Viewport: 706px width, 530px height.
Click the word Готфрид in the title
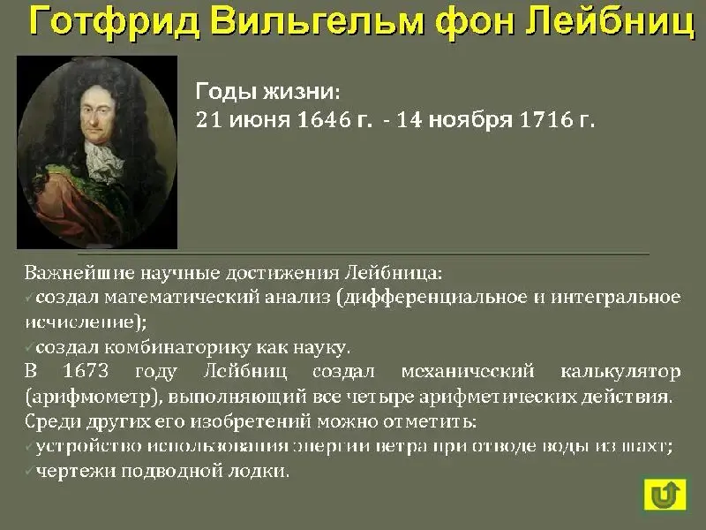click(x=115, y=23)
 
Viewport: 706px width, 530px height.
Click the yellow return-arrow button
click(x=665, y=495)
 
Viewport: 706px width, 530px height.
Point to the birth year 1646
click(x=324, y=119)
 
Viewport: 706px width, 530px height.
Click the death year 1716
click(x=546, y=119)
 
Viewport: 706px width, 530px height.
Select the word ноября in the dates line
click(x=470, y=120)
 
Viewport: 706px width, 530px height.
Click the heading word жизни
click(x=302, y=92)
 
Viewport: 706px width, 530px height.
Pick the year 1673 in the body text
click(x=86, y=371)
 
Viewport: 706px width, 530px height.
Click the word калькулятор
click(x=620, y=372)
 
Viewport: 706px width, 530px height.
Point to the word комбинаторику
click(x=178, y=347)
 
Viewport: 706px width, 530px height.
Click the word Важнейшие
click(x=79, y=273)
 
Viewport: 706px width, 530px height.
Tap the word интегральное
click(x=615, y=298)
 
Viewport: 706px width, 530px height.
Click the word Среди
click(x=53, y=422)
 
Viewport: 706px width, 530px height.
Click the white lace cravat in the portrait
click(x=102, y=161)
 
